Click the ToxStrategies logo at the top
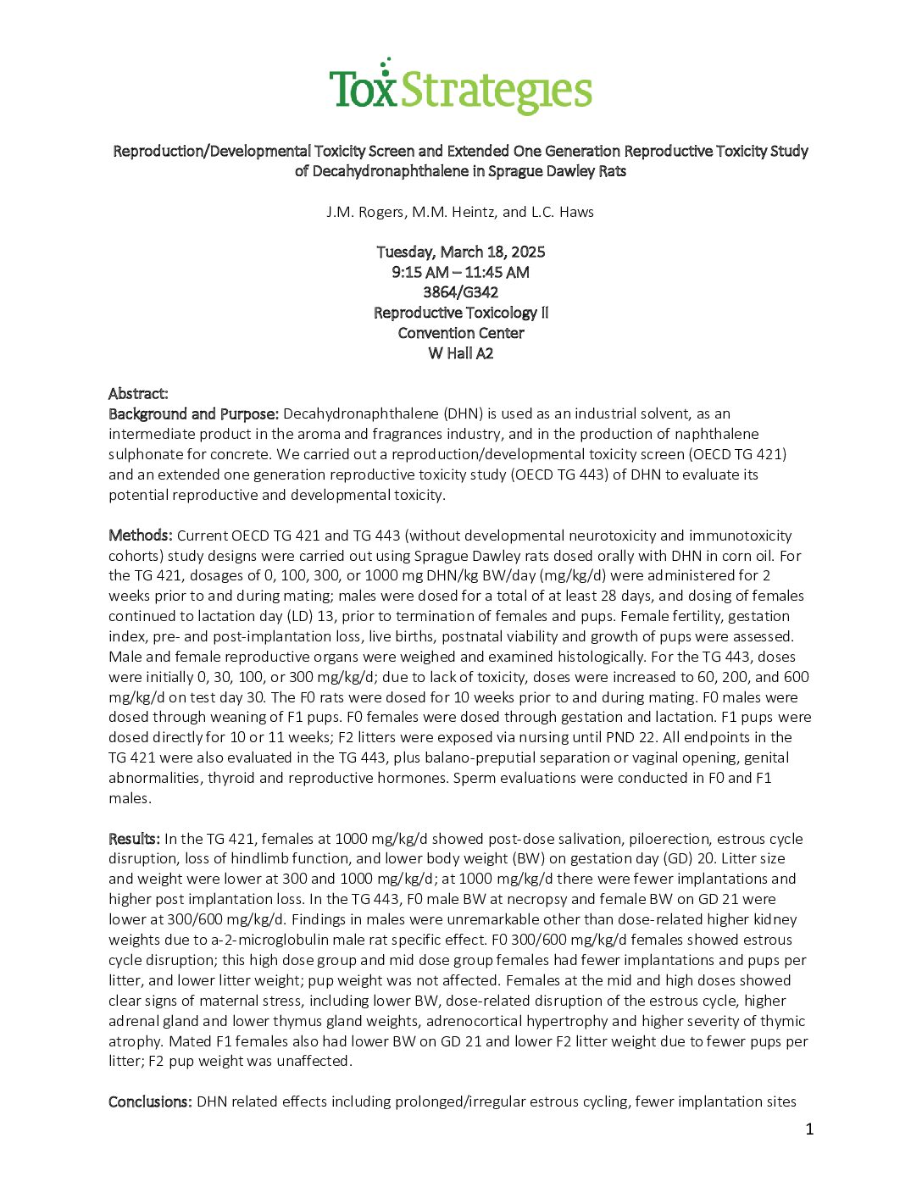[460, 86]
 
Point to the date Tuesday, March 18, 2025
[460, 252]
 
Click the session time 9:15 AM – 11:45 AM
[460, 272]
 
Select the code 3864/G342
[460, 292]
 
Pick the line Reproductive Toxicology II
[460, 313]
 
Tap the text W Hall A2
[460, 353]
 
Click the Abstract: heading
[138, 394]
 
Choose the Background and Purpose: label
[193, 414]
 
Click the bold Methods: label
[141, 535]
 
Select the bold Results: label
[134, 839]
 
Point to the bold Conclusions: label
[150, 1101]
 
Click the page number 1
[809, 1129]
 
